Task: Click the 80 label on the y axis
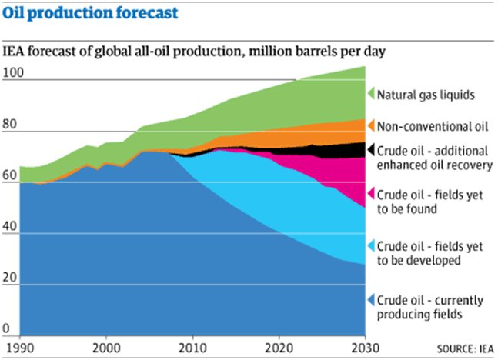point(11,125)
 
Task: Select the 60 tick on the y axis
point(11,176)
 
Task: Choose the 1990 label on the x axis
point(22,347)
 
